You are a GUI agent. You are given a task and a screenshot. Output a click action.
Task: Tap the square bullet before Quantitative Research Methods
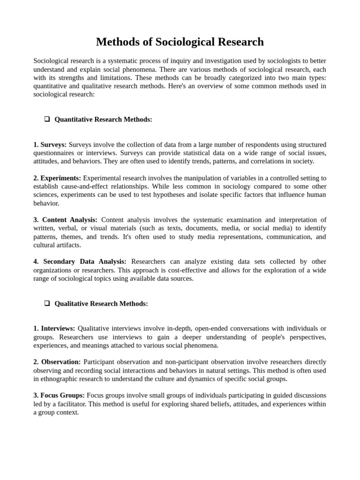point(47,119)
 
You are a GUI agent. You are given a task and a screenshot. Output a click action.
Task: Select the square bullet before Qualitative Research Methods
point(47,303)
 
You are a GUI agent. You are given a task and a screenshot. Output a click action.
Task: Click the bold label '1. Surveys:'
point(50,144)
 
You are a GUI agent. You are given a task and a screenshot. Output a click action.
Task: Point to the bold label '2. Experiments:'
point(57,178)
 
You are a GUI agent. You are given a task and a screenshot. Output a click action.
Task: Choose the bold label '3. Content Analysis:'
point(65,220)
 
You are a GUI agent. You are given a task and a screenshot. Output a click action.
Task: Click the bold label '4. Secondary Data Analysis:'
point(80,262)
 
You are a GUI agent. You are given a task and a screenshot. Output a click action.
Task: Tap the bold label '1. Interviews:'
point(54,329)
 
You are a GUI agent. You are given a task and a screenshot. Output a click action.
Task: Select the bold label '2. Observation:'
point(57,362)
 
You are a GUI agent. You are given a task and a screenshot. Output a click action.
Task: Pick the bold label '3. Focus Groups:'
point(59,396)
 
